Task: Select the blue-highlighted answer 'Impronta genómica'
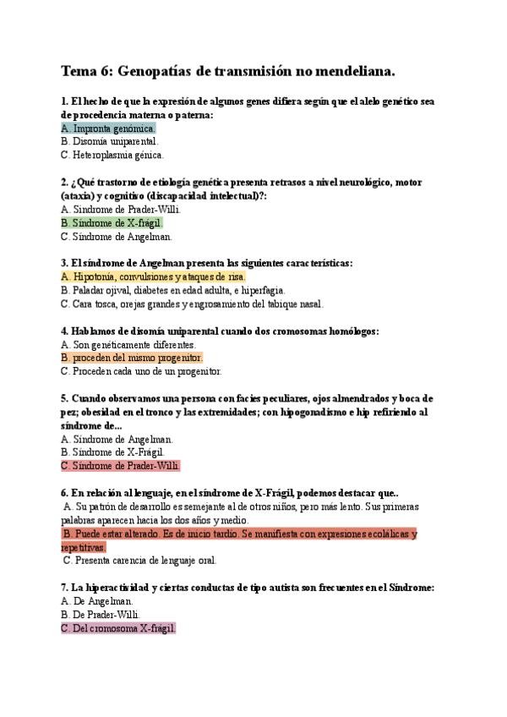(x=109, y=129)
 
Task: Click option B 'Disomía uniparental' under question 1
(x=110, y=142)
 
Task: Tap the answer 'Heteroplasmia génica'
(x=112, y=156)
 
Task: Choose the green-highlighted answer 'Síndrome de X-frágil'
(x=112, y=223)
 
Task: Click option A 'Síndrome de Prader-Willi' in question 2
(x=121, y=210)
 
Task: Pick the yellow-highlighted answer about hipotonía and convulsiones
(x=154, y=276)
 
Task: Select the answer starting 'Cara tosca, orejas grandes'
(x=192, y=304)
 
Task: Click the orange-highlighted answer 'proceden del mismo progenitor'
(x=132, y=358)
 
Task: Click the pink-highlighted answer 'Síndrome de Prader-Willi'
(x=121, y=465)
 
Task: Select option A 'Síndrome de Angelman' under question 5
(x=117, y=439)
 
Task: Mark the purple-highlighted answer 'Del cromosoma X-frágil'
(x=118, y=628)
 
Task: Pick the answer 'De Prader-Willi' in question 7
(x=101, y=615)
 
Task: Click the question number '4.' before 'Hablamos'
(x=65, y=331)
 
